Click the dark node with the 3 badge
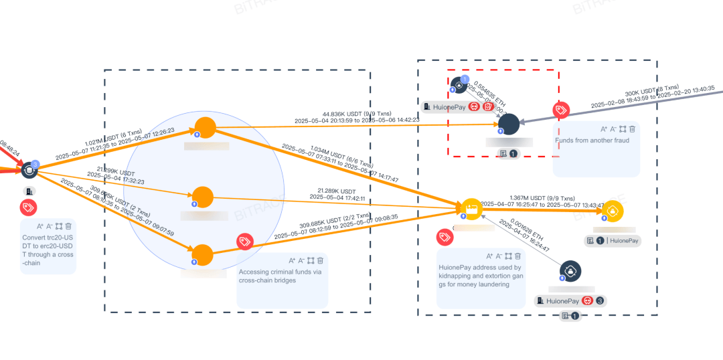pos(29,170)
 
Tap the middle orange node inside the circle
pos(203,197)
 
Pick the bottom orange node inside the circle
pos(202,255)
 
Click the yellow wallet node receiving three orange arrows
pos(471,209)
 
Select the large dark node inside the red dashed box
pos(509,124)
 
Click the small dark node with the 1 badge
pos(459,84)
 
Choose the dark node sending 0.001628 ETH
pos(570,270)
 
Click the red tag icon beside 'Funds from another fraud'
pos(561,110)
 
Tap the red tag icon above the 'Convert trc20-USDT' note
pos(28,207)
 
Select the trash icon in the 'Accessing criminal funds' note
pos(320,260)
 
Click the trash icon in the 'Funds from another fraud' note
pos(632,128)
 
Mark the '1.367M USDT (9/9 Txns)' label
pos(542,198)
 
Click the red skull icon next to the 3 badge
pos(587,301)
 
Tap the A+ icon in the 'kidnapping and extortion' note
pos(489,256)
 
